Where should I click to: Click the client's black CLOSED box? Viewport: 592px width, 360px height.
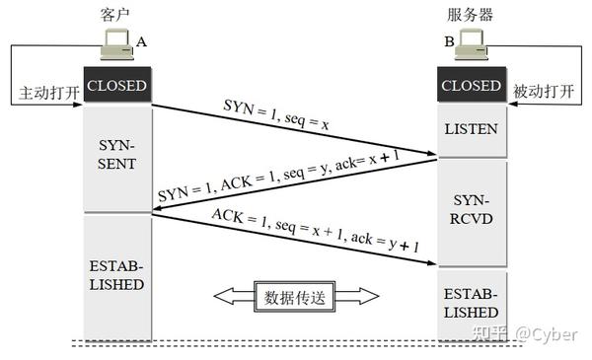pyautogui.click(x=117, y=86)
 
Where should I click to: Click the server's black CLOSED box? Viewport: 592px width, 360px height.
pyautogui.click(x=472, y=86)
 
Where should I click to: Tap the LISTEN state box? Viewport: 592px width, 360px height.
pyautogui.click(x=471, y=130)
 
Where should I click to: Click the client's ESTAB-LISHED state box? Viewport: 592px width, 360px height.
pyautogui.click(x=117, y=276)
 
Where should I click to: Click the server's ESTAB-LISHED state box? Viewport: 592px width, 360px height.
pyautogui.click(x=471, y=303)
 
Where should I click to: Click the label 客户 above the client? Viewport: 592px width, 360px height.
pyautogui.click(x=116, y=15)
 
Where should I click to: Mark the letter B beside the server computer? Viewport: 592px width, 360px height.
pyautogui.click(x=449, y=42)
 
